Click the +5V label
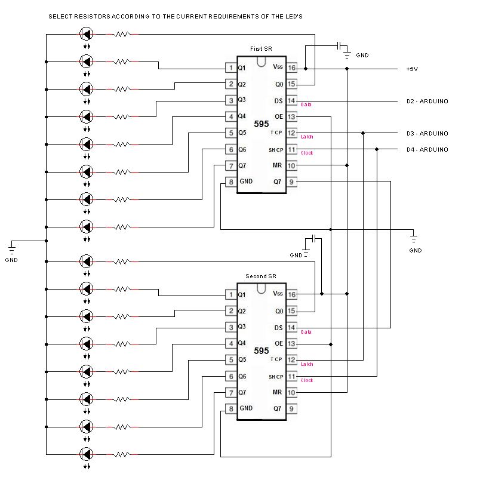coord(412,69)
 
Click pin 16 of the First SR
coord(291,67)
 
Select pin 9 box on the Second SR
coord(291,408)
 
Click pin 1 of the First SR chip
coord(230,67)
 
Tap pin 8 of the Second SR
coord(230,408)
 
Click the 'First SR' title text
coord(260,48)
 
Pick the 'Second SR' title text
coord(260,276)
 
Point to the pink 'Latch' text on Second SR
coord(307,364)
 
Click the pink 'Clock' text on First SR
coord(307,153)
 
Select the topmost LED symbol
coord(87,34)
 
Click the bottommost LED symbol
coord(87,453)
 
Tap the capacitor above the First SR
coord(339,45)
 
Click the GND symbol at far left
coord(11,247)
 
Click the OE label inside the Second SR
coord(278,343)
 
